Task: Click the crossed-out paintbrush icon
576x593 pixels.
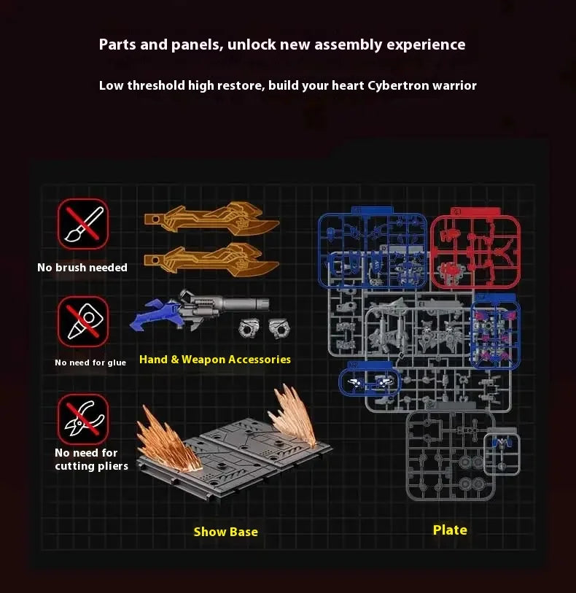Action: point(83,224)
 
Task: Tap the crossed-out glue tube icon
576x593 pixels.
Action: point(83,322)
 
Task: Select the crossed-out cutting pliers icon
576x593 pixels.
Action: point(83,419)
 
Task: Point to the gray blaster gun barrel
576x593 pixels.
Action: point(242,303)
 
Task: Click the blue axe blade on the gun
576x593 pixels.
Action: point(151,315)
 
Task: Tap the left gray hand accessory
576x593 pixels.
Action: point(250,328)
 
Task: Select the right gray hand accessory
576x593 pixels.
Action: point(280,328)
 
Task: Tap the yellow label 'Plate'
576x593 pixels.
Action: point(450,530)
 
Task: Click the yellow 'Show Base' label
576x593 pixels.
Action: point(225,532)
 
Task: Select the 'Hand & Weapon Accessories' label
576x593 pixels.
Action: point(215,360)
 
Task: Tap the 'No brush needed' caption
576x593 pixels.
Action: point(82,268)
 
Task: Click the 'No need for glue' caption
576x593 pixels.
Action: point(90,363)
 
